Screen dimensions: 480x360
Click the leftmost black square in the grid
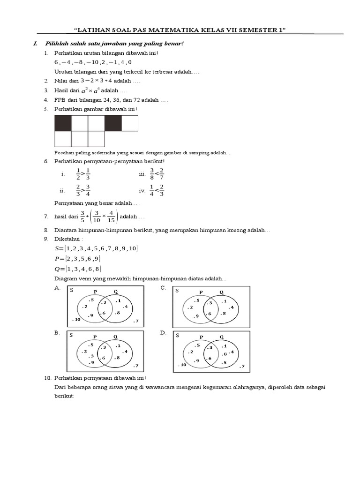pos(63,123)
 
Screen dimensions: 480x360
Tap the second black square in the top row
pos(113,123)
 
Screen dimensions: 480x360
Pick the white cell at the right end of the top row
pos(130,123)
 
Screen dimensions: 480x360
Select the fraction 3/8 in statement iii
pos(152,174)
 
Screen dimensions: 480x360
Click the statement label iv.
pos(142,191)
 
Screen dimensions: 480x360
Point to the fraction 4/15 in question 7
pos(110,217)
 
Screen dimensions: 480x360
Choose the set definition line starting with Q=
pos(78,269)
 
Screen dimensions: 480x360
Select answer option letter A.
pos(57,288)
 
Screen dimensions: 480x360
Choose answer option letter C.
pos(163,288)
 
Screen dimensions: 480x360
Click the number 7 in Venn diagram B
pos(136,365)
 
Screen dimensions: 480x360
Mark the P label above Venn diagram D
pos(201,337)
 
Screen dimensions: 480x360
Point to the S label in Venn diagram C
pos(177,291)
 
